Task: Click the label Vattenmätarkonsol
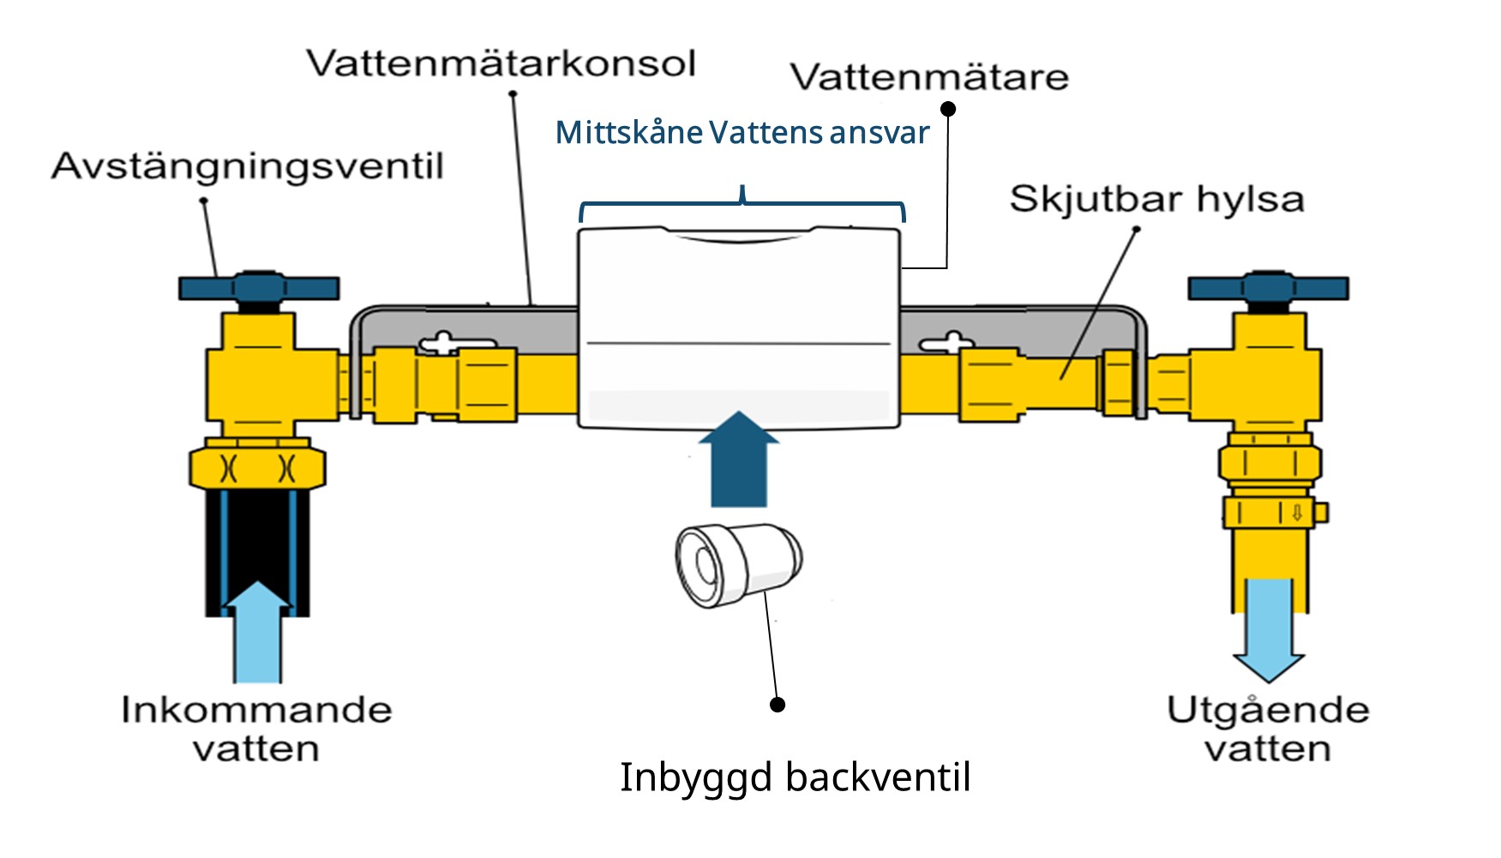[x=501, y=64]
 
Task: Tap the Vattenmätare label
[x=929, y=77]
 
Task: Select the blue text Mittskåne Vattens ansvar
[x=742, y=133]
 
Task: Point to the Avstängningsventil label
[x=247, y=166]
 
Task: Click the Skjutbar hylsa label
[x=1156, y=200]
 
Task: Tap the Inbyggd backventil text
[x=795, y=777]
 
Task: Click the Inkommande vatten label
[x=256, y=729]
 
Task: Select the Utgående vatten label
[x=1268, y=729]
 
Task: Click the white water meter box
[x=739, y=326]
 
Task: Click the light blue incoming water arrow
[x=257, y=634]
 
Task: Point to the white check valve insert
[x=737, y=564]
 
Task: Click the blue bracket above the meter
[x=742, y=204]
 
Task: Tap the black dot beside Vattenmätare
[x=948, y=109]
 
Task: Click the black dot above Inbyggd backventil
[x=778, y=705]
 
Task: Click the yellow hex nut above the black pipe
[x=257, y=468]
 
